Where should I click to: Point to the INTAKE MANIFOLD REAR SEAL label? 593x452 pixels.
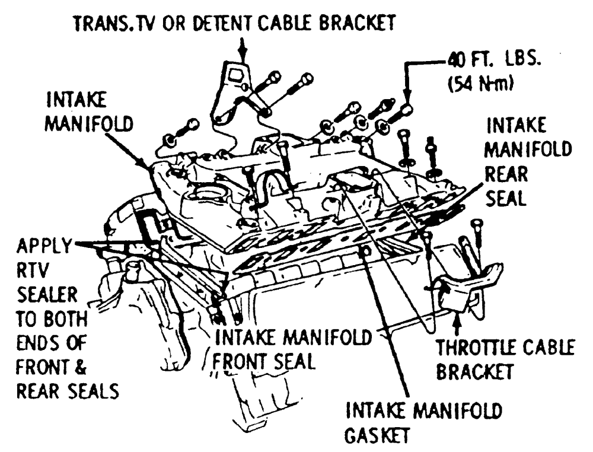coord(529,163)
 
